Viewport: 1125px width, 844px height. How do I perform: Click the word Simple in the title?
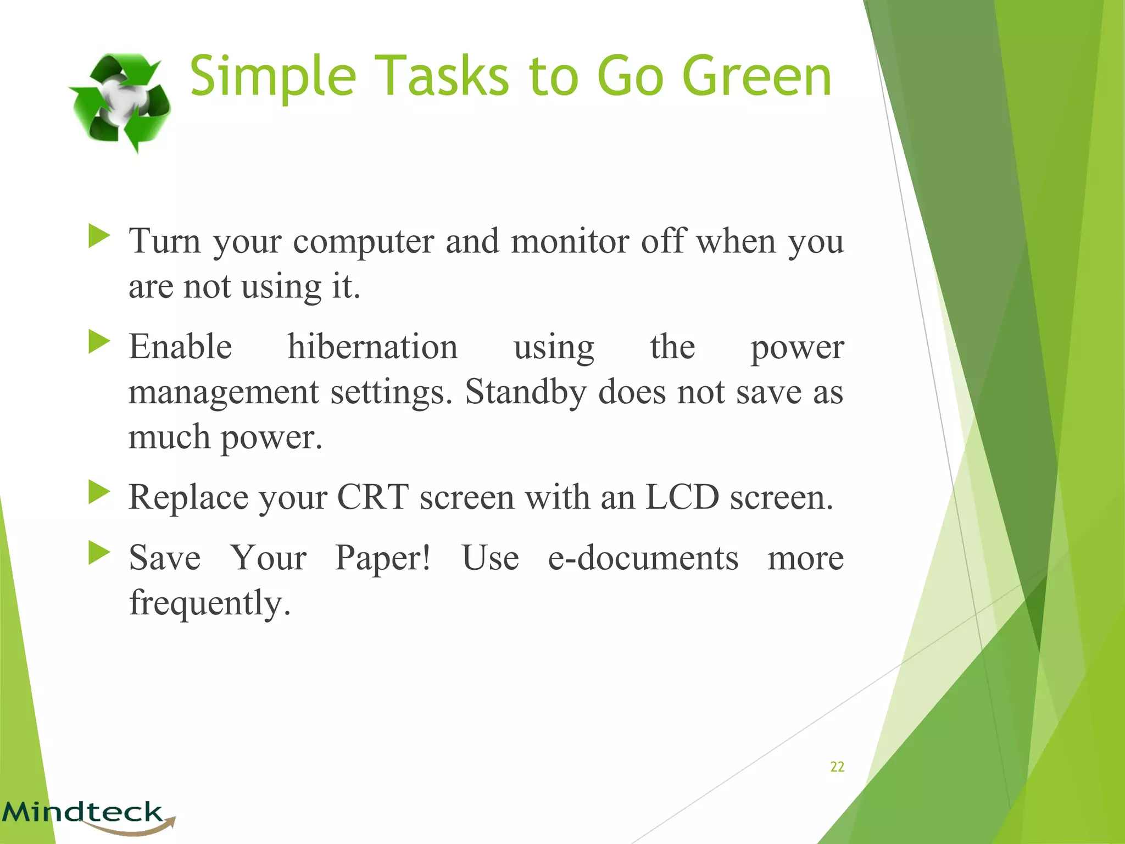click(272, 77)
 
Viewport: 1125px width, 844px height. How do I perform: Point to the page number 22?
click(837, 767)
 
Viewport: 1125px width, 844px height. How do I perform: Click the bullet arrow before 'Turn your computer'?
click(99, 236)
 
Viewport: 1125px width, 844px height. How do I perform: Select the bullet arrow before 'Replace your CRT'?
click(99, 492)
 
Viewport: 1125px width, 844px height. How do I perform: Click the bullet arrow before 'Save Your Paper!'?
click(99, 553)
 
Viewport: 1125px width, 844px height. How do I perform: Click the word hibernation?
click(372, 347)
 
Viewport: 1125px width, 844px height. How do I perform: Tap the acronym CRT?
click(372, 497)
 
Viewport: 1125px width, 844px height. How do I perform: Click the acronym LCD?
click(682, 497)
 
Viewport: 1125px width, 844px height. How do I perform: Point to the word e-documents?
click(643, 558)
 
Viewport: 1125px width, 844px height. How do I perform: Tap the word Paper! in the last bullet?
click(383, 558)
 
